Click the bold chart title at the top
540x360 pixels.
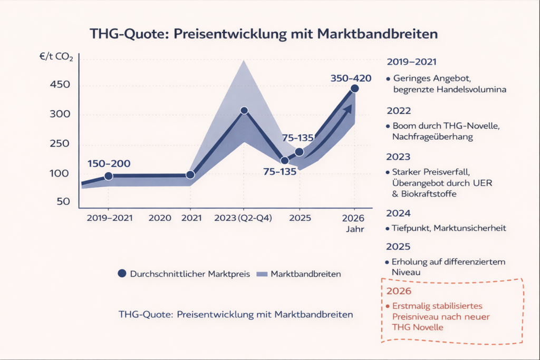(x=264, y=34)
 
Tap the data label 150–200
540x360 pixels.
(x=109, y=164)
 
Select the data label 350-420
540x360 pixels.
(x=351, y=79)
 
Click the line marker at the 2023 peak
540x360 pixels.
(x=244, y=111)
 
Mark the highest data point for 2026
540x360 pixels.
(x=354, y=89)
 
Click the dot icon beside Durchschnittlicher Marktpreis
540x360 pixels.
(x=122, y=274)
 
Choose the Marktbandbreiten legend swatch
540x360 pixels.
(x=262, y=274)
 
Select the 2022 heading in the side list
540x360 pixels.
(x=399, y=111)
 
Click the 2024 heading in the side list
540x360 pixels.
(x=399, y=213)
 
